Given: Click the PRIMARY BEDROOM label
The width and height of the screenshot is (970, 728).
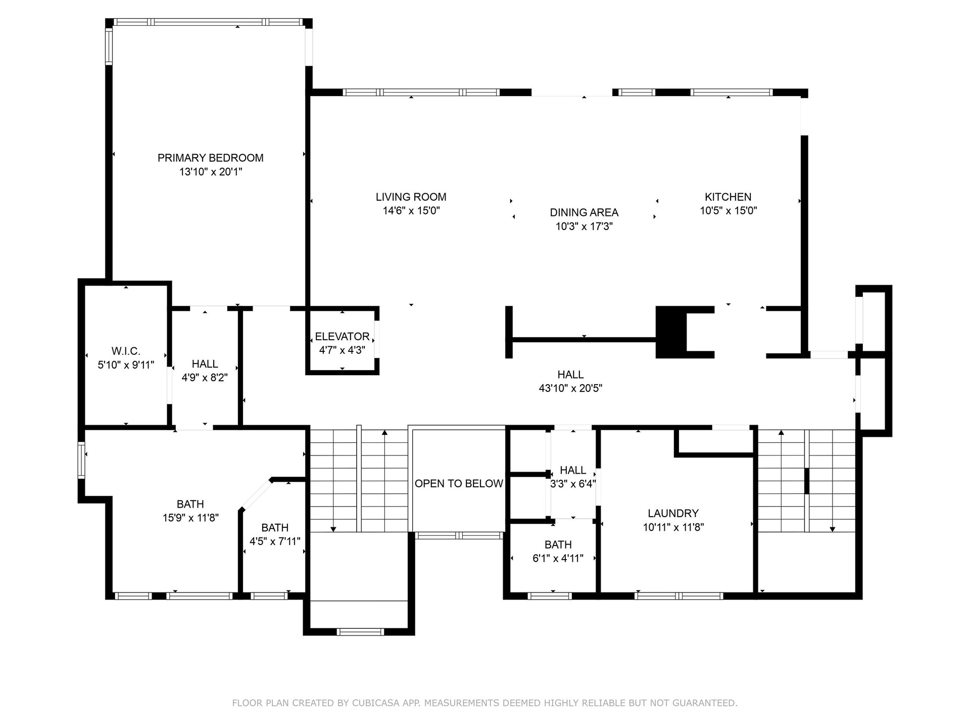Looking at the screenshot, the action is (x=210, y=158).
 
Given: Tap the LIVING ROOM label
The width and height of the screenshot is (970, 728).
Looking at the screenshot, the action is (x=411, y=197).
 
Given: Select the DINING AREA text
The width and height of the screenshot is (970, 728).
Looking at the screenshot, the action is (x=584, y=212).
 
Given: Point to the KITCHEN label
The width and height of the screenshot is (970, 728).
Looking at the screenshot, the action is (x=728, y=197).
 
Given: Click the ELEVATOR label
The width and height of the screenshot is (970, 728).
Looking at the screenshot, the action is (x=342, y=336).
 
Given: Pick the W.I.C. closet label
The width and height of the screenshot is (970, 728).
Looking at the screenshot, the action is (x=126, y=351).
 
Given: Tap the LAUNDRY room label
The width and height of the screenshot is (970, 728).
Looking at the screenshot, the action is (x=673, y=513).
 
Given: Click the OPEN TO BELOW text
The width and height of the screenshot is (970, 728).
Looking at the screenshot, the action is (x=459, y=483).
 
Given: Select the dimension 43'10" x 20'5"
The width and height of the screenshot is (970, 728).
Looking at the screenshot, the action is (x=570, y=388).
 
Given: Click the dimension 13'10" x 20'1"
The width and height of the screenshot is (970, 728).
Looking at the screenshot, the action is (x=210, y=172).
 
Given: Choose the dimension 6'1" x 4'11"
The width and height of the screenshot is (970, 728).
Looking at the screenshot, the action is (x=558, y=559).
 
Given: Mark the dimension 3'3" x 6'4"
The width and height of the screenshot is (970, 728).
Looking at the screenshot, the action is (x=573, y=484).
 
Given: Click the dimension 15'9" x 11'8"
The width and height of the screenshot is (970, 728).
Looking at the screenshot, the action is (x=190, y=518).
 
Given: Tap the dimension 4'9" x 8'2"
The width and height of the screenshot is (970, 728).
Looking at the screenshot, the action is (x=205, y=378).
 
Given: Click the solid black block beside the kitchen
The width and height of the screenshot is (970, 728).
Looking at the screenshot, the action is (x=671, y=332).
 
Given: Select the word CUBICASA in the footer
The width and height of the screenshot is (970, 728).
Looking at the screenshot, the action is (x=374, y=703).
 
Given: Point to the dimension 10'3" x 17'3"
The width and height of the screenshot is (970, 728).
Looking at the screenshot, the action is (x=584, y=226).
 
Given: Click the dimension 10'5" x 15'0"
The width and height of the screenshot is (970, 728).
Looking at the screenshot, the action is (x=728, y=211).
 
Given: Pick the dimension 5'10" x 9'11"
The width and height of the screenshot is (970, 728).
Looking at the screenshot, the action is (x=126, y=365).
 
